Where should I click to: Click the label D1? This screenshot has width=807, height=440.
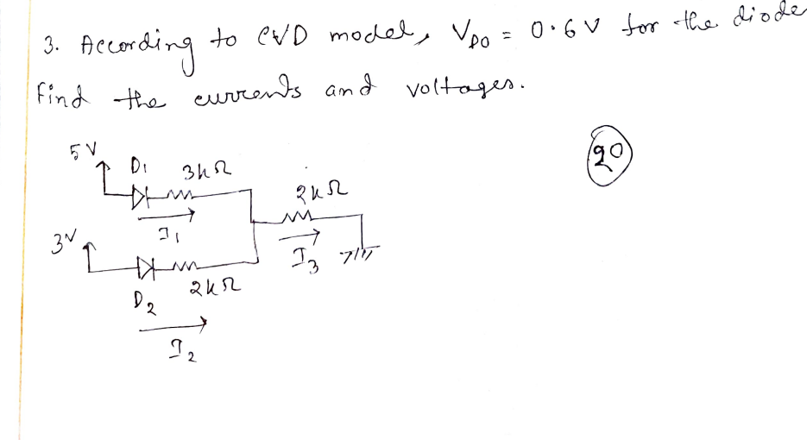coord(137,164)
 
